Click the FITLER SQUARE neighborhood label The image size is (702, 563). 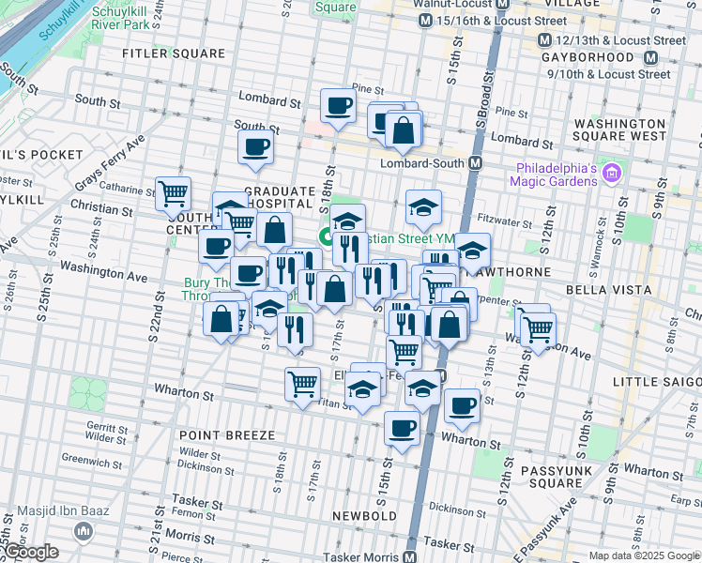point(175,53)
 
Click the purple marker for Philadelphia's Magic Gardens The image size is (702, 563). point(613,173)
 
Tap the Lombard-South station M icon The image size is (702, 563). point(476,162)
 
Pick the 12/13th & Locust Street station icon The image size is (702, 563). point(544,40)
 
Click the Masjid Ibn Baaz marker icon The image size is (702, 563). point(84,531)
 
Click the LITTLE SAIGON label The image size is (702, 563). point(657,381)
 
